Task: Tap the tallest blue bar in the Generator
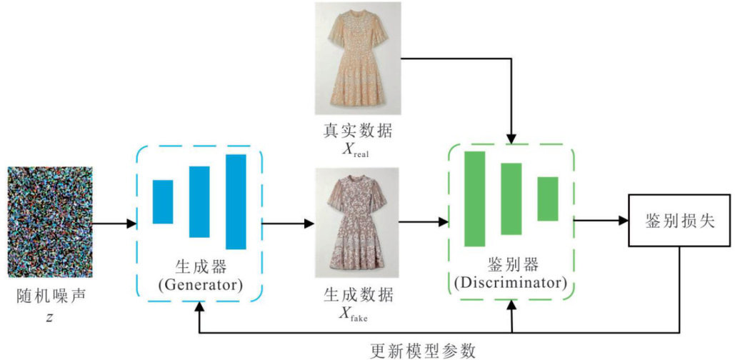click(x=236, y=201)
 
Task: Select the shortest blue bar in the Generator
click(x=163, y=202)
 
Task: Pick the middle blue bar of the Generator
click(x=199, y=201)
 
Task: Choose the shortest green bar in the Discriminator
click(x=547, y=199)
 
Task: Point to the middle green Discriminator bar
click(x=511, y=199)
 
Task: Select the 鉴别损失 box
click(x=679, y=221)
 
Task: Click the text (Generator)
click(x=199, y=284)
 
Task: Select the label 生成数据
click(x=358, y=295)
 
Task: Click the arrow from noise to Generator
click(x=114, y=224)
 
